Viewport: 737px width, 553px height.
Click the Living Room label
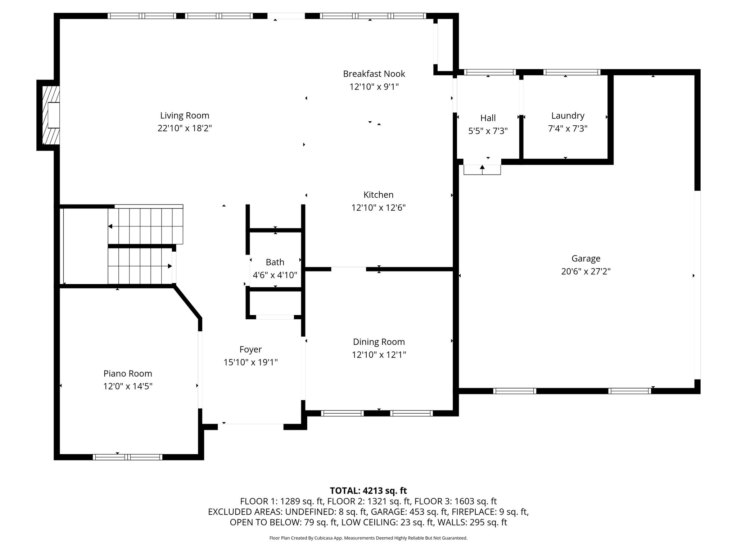185,116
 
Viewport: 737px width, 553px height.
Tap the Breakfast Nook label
374,74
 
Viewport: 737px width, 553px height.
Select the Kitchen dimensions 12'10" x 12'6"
379,208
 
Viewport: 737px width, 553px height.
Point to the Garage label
586,258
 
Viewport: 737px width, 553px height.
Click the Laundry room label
568,116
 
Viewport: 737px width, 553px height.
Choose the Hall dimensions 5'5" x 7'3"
488,131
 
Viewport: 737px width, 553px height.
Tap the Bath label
275,262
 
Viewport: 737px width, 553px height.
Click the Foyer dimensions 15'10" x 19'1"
251,362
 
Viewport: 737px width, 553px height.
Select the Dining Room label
379,342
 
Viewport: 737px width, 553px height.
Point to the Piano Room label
128,373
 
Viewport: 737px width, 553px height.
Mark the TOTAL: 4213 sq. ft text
368,491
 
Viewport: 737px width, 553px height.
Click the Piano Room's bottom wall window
127,457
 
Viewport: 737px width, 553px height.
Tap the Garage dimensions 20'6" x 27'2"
586,271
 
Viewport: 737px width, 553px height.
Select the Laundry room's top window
572,72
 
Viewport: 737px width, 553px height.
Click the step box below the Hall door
482,170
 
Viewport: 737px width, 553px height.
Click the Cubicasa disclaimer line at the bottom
368,538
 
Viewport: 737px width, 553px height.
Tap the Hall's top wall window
490,72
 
